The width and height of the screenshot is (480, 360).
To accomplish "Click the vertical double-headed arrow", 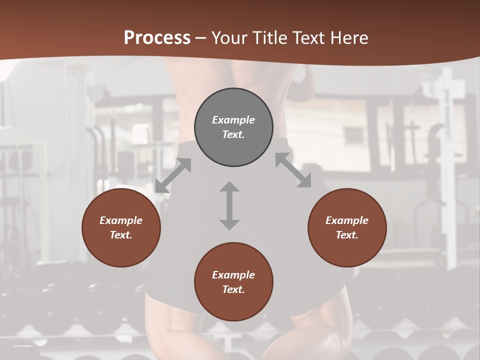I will (x=229, y=205).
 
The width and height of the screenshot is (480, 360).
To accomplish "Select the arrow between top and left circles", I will (x=173, y=175).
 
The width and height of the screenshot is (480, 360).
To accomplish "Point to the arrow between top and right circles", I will (x=293, y=170).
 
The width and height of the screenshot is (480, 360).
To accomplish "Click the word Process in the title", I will (x=157, y=37).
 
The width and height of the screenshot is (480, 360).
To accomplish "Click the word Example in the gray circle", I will (x=233, y=120).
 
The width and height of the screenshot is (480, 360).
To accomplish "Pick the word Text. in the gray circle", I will (x=233, y=134).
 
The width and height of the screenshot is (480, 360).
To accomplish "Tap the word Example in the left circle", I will (x=121, y=220).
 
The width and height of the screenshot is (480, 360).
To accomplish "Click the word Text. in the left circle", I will (x=121, y=235).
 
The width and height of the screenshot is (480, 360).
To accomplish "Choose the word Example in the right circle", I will (x=347, y=220).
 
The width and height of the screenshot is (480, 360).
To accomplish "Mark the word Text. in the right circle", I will (x=347, y=235).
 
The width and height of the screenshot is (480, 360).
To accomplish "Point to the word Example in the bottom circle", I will (x=233, y=275).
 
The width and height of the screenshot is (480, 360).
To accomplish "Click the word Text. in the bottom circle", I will (x=233, y=289).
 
